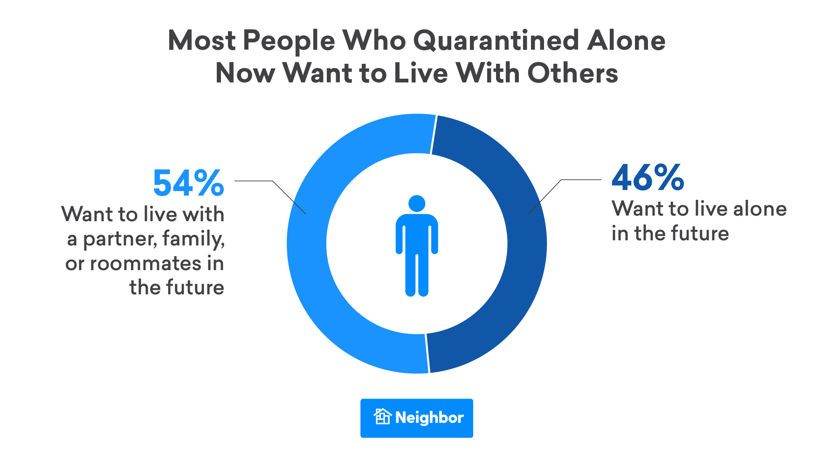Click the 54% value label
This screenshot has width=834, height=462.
[x=188, y=183]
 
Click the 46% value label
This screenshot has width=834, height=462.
[x=648, y=178]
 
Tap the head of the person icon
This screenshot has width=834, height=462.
[x=417, y=204]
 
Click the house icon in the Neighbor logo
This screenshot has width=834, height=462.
[x=382, y=416]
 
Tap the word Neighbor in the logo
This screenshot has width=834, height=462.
[x=429, y=418]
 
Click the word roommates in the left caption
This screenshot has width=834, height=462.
[x=145, y=264]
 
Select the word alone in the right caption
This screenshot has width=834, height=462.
[x=760, y=209]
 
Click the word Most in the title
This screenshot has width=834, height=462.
[x=201, y=41]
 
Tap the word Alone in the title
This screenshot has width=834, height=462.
[x=626, y=41]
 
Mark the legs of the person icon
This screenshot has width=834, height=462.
[x=417, y=275]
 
